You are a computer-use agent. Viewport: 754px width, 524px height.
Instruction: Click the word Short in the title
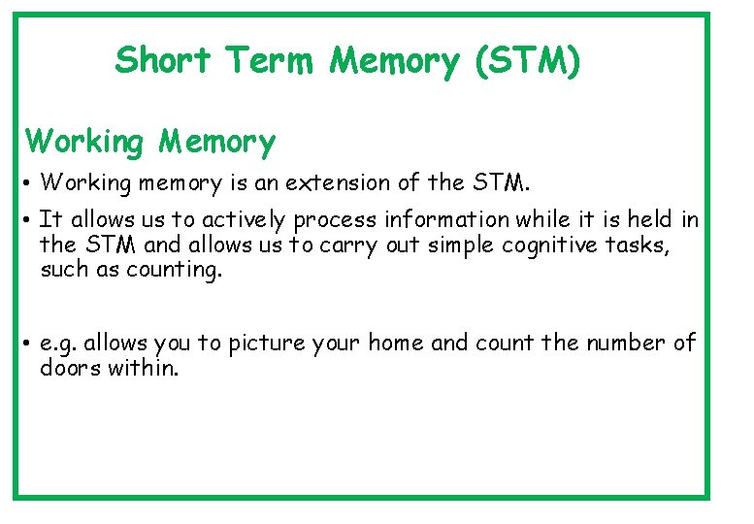pos(162,61)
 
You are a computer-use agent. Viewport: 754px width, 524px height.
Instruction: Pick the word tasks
pos(639,245)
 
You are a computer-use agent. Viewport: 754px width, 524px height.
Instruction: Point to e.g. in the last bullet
pos(58,343)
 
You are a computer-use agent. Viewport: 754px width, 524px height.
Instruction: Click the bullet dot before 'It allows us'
pos(30,221)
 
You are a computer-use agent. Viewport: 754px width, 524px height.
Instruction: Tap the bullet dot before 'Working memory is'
pos(30,183)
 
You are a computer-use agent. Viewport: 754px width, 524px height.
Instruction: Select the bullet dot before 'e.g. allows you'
pos(30,344)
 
